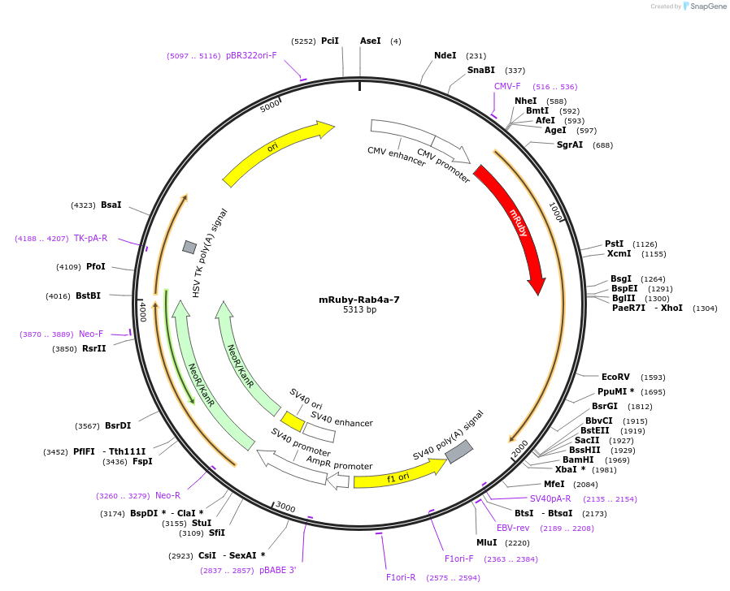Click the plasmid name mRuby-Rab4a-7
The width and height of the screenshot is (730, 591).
pos(359,300)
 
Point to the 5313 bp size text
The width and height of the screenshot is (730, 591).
pos(359,310)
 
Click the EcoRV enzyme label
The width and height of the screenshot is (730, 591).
pos(615,377)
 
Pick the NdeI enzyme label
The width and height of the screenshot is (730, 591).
pos(445,56)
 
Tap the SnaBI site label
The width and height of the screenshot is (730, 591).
pos(480,71)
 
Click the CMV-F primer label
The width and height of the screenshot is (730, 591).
pos(507,86)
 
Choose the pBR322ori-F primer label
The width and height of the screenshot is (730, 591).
pos(251,56)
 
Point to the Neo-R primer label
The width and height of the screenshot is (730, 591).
pos(167,495)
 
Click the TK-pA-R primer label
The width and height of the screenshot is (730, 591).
pos(90,239)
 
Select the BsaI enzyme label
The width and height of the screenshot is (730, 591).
pos(111,205)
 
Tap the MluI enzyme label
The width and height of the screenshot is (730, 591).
pos(486,542)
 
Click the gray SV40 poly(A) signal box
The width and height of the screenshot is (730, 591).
pos(458,451)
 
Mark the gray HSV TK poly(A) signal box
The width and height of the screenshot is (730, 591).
pos(189,247)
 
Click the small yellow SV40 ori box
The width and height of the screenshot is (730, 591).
pos(293,421)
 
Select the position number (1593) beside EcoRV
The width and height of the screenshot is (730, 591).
pos(653,377)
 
